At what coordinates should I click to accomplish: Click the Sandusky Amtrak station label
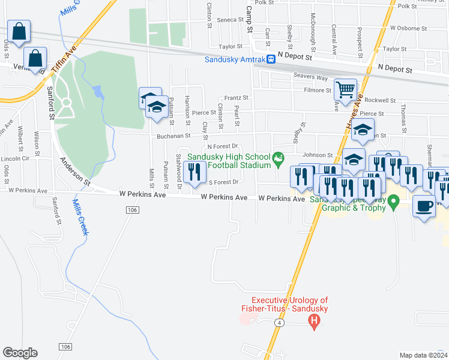tap(235, 59)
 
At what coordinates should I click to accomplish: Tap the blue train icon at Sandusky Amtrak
tap(271, 59)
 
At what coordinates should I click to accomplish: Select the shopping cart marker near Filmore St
tap(345, 90)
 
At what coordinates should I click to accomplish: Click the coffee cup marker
tap(424, 206)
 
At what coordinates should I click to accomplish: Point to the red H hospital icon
tap(313, 323)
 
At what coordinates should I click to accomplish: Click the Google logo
tap(20, 352)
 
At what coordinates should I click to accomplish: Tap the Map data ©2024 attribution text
tap(423, 355)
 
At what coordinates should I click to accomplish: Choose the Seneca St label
tap(229, 20)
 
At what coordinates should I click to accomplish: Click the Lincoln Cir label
tap(15, 159)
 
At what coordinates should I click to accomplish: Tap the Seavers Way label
tap(310, 76)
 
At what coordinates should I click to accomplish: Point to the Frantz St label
tap(236, 98)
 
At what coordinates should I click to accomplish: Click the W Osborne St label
tap(408, 28)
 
